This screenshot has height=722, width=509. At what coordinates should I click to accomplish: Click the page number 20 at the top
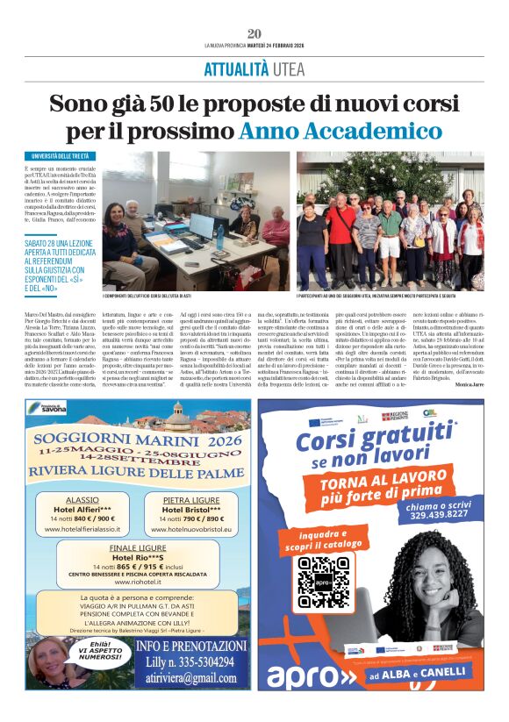click(x=254, y=33)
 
